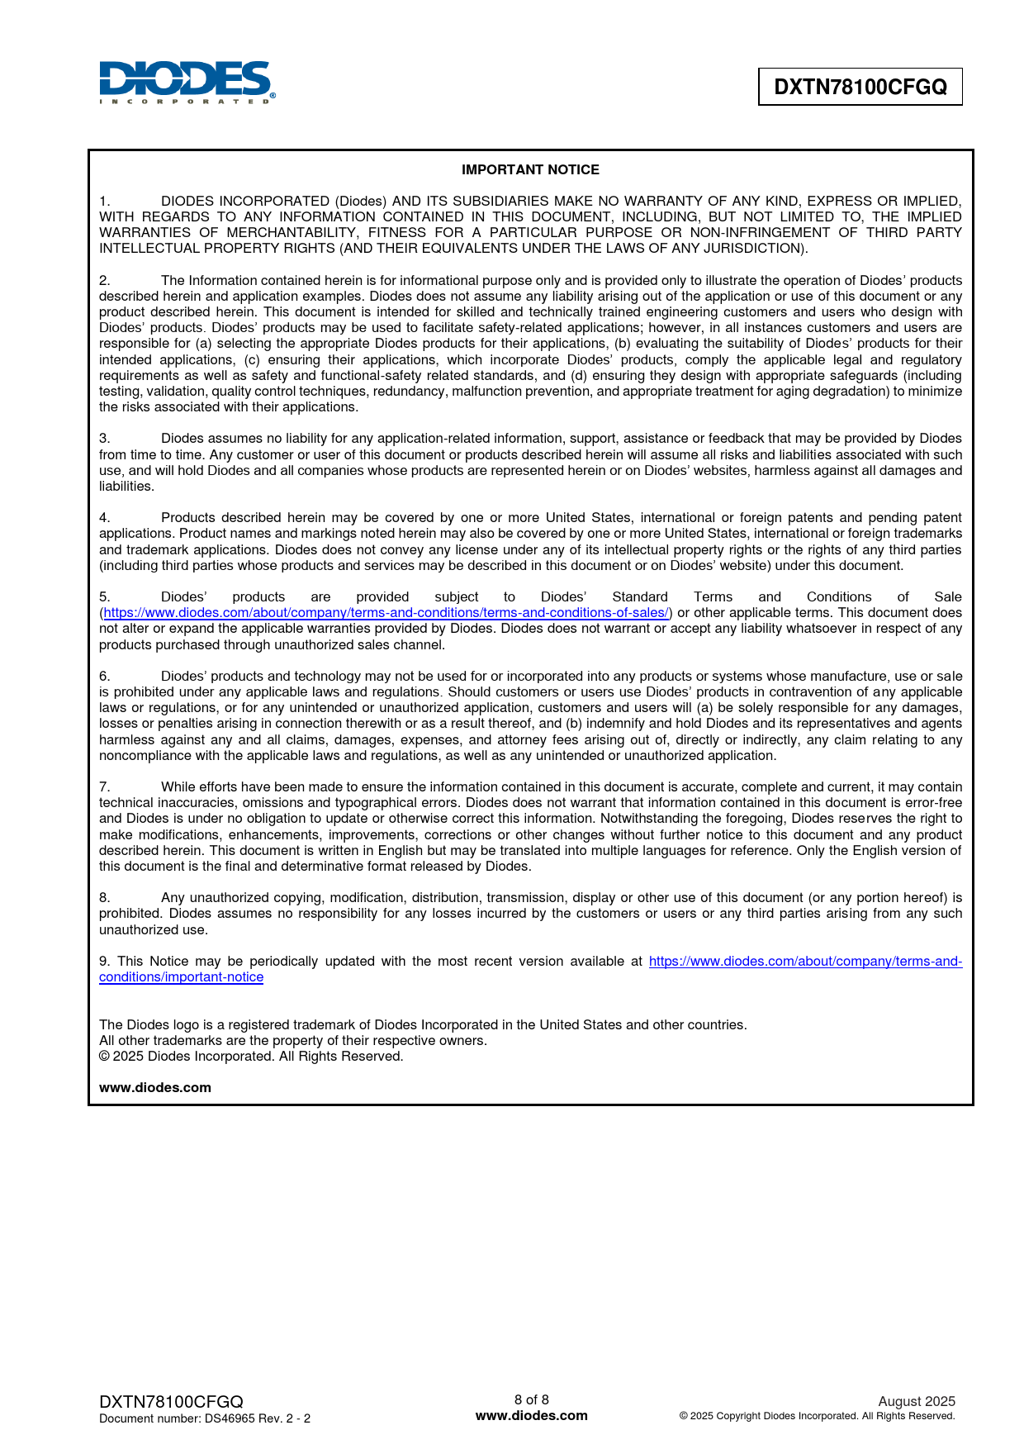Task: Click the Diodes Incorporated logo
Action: pos(187,83)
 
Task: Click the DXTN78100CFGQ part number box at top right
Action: pos(860,87)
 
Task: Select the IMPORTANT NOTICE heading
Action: pos(530,169)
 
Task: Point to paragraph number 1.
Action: pos(104,201)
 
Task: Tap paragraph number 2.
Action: pos(104,280)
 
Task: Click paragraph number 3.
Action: pos(104,438)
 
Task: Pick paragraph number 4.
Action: pos(104,517)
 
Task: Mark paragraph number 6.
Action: pos(104,676)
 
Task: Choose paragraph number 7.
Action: pos(104,786)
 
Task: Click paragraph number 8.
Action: pos(104,897)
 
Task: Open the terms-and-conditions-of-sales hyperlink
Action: pos(386,612)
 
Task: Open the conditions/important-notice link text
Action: pos(181,976)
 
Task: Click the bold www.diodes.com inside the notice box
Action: pos(155,1087)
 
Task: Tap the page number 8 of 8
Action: pos(532,1399)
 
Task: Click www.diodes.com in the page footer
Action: pos(532,1415)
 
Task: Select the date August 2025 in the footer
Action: pos(917,1401)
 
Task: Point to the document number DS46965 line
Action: pos(205,1418)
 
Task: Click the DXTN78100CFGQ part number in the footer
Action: pos(171,1402)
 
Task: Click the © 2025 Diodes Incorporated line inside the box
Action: pos(251,1056)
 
